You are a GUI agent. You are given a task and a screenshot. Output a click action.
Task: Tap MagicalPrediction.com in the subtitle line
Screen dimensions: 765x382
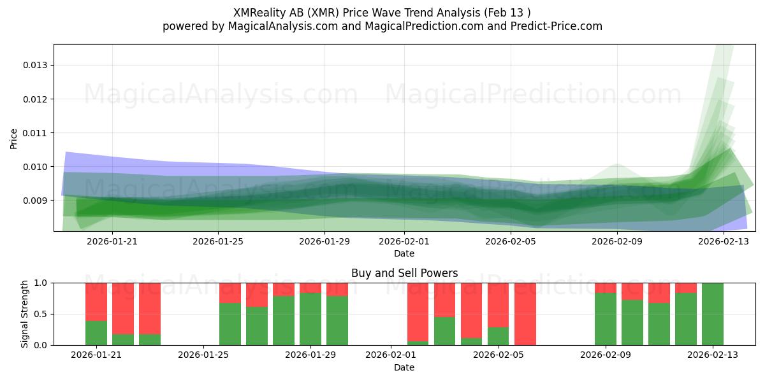[x=424, y=26]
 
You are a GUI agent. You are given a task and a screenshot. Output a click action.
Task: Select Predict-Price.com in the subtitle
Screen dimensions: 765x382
[x=557, y=26]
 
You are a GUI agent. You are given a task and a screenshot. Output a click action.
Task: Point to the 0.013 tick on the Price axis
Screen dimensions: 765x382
[x=34, y=65]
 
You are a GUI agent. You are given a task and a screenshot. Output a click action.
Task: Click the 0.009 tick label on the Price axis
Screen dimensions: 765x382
[x=34, y=201]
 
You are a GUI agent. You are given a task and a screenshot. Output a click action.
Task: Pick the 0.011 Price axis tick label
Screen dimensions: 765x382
[x=34, y=133]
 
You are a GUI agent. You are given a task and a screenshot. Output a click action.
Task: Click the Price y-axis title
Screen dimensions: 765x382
[x=13, y=139]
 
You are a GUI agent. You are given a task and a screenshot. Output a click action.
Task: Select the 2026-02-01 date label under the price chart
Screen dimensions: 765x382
[x=404, y=241]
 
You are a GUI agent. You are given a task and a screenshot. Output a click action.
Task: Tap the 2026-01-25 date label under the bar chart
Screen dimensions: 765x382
[x=203, y=355]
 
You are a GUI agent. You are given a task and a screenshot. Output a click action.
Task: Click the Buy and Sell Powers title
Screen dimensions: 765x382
[x=404, y=273]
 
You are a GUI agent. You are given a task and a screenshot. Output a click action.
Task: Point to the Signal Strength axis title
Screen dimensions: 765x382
[x=24, y=314]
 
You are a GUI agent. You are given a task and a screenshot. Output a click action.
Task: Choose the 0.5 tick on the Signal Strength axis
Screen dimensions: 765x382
[x=41, y=314]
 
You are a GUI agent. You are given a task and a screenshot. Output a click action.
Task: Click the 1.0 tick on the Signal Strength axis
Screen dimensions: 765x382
[x=41, y=283]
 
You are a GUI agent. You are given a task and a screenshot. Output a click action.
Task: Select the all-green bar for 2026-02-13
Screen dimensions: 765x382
[x=713, y=314]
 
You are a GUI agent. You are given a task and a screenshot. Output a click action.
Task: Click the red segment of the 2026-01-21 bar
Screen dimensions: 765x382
[x=96, y=302]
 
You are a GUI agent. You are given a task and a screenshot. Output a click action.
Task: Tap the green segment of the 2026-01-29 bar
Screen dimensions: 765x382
[x=310, y=319]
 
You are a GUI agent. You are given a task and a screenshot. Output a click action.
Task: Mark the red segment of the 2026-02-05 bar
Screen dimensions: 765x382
[x=498, y=305]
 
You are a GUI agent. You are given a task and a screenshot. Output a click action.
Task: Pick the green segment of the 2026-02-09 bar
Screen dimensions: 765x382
[x=606, y=319]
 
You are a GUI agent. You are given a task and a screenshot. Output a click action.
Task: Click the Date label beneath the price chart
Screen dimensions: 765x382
[x=404, y=254]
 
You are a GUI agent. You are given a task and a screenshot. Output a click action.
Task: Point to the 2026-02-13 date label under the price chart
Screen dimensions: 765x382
[x=724, y=241]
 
